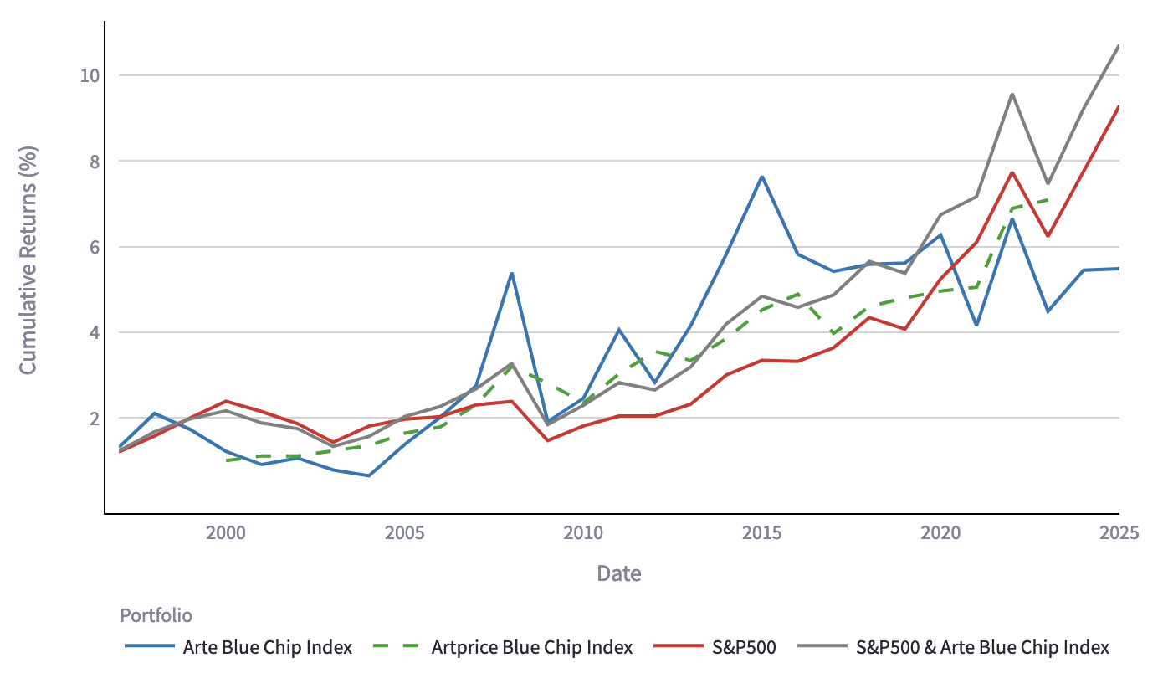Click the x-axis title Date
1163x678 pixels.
coord(619,573)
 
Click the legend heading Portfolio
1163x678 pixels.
coord(156,616)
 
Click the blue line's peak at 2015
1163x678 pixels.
coord(762,177)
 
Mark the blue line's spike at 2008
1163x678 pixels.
coord(511,273)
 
